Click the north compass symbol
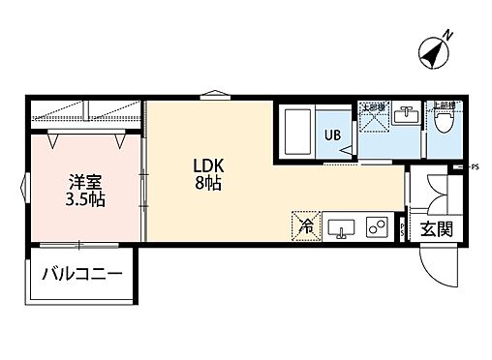tap(434, 49)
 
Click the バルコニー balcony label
tap(81, 275)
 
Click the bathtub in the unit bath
tap(297, 130)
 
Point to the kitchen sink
tap(341, 228)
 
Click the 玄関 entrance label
tap(432, 229)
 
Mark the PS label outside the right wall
tap(475, 167)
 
